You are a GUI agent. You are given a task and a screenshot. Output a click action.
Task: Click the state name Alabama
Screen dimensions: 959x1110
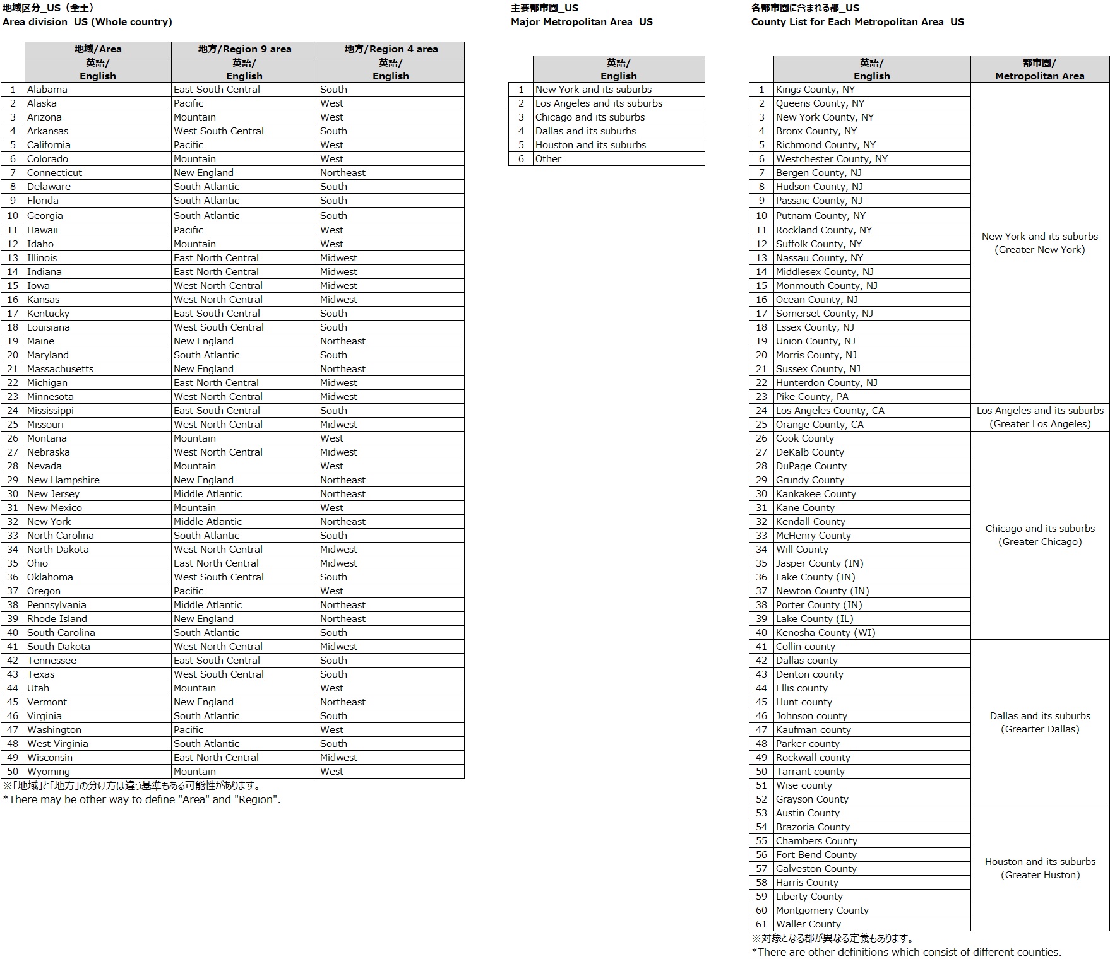(x=47, y=90)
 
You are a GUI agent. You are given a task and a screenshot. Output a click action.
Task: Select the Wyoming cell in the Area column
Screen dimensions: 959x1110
(x=49, y=772)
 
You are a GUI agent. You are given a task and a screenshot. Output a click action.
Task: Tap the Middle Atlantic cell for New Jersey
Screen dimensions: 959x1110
(x=208, y=494)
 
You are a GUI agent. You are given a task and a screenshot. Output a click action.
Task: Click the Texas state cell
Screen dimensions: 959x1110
(x=41, y=674)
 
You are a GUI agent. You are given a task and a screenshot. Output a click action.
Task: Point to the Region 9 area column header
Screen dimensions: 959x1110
(x=244, y=49)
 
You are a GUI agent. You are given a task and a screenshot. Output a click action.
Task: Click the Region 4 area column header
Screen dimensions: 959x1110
(x=391, y=49)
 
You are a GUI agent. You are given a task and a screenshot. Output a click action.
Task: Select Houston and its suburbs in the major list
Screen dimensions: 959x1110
(x=590, y=145)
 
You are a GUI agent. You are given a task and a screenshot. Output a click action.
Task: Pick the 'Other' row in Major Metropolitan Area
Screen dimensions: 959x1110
(x=548, y=159)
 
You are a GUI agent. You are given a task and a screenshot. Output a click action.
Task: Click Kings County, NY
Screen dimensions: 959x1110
(x=815, y=90)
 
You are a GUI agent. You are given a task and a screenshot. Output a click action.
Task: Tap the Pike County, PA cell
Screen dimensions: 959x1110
(x=812, y=397)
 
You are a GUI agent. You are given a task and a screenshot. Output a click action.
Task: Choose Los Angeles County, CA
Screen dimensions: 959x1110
(x=830, y=411)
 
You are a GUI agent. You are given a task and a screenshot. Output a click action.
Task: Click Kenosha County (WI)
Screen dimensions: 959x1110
(x=825, y=633)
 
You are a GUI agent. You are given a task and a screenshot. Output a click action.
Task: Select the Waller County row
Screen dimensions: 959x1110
(x=808, y=924)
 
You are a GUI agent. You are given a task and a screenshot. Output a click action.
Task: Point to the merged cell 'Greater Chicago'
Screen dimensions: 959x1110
(x=1040, y=535)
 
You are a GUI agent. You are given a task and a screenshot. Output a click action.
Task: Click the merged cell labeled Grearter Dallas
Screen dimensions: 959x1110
(x=1040, y=722)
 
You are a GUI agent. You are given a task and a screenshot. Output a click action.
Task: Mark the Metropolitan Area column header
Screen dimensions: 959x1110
(x=1039, y=69)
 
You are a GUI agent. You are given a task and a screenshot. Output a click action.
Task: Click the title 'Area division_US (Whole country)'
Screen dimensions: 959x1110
(x=87, y=22)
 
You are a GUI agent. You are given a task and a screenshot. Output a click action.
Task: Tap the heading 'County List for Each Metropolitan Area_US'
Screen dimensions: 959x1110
(x=857, y=22)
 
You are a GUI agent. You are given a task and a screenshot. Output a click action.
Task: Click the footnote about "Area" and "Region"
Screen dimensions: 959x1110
(x=141, y=799)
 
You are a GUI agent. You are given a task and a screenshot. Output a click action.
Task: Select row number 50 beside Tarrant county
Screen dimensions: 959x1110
(x=761, y=772)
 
